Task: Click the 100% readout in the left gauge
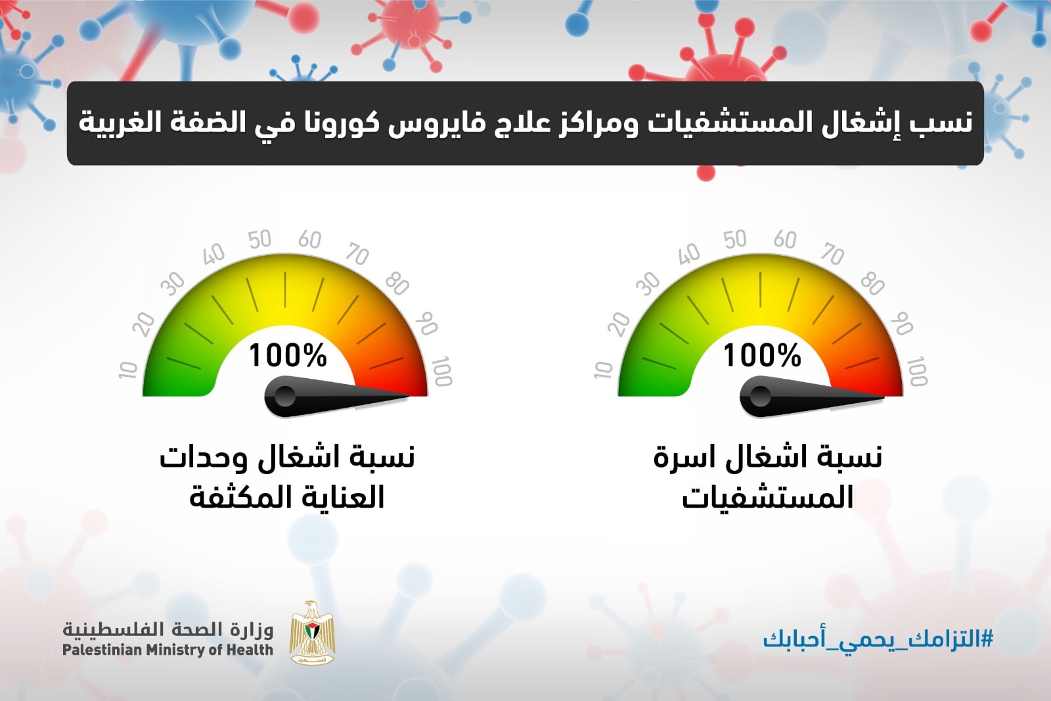(x=288, y=355)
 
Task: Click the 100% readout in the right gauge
(x=763, y=355)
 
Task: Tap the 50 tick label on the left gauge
(x=259, y=239)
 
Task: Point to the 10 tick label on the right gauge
(x=604, y=370)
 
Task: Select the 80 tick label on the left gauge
(x=397, y=284)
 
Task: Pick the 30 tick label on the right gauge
(x=648, y=283)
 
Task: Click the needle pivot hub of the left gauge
(x=284, y=397)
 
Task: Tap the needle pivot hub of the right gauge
(x=759, y=397)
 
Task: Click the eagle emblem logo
(x=312, y=633)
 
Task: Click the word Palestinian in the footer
(x=102, y=650)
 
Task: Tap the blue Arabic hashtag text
(x=878, y=639)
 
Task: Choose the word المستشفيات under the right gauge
(x=767, y=497)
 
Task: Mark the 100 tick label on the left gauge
(x=441, y=371)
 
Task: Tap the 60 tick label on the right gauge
(x=784, y=239)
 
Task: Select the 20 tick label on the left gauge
(x=144, y=324)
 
